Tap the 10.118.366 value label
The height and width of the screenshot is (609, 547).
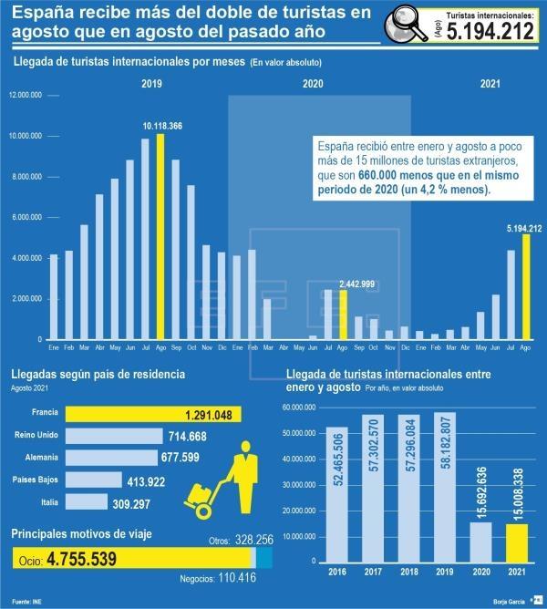click(x=162, y=125)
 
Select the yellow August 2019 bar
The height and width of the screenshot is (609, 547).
click(x=161, y=236)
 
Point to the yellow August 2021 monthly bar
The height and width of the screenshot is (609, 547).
click(x=525, y=286)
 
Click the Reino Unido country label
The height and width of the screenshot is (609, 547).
click(x=38, y=436)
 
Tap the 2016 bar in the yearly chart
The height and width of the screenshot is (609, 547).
click(x=337, y=493)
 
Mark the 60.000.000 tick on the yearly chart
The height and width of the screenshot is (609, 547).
click(x=300, y=408)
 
